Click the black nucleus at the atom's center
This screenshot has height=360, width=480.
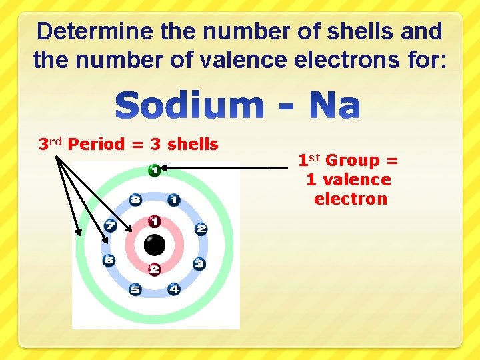click(155, 245)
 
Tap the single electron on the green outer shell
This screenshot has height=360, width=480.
click(154, 171)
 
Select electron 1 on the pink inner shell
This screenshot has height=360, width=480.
click(155, 221)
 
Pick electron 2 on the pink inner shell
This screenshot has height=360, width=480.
click(155, 269)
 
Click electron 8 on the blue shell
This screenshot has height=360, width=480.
click(136, 199)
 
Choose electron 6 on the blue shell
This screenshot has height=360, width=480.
click(109, 260)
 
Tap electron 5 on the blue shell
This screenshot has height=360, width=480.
click(135, 289)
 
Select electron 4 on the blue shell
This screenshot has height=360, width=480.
click(174, 289)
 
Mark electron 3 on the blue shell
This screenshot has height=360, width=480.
click(199, 263)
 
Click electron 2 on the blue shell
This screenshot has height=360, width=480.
click(201, 229)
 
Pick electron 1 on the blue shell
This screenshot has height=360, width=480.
click(173, 199)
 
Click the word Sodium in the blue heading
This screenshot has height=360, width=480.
click(190, 107)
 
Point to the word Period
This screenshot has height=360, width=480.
click(96, 144)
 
